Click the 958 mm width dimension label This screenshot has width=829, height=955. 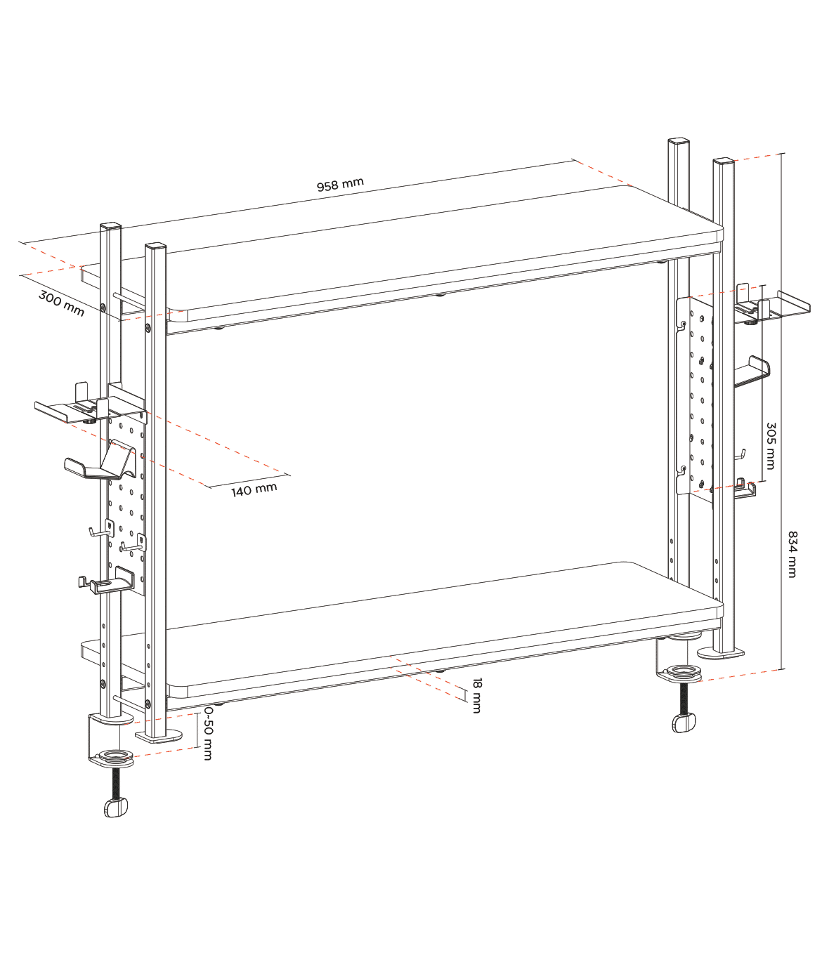[x=340, y=185]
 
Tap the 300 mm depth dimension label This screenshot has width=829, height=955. [x=61, y=303]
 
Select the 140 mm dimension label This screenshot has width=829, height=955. [x=254, y=489]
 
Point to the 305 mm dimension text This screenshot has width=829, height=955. [x=771, y=446]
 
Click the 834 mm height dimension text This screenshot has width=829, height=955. [x=792, y=555]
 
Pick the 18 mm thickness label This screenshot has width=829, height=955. [x=477, y=695]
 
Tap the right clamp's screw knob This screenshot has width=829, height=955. [x=684, y=723]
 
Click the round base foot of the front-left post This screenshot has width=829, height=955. [x=159, y=736]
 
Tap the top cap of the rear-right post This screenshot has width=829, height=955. [x=679, y=141]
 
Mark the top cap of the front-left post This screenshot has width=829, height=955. [x=156, y=246]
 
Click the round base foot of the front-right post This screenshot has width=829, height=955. [x=721, y=653]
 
